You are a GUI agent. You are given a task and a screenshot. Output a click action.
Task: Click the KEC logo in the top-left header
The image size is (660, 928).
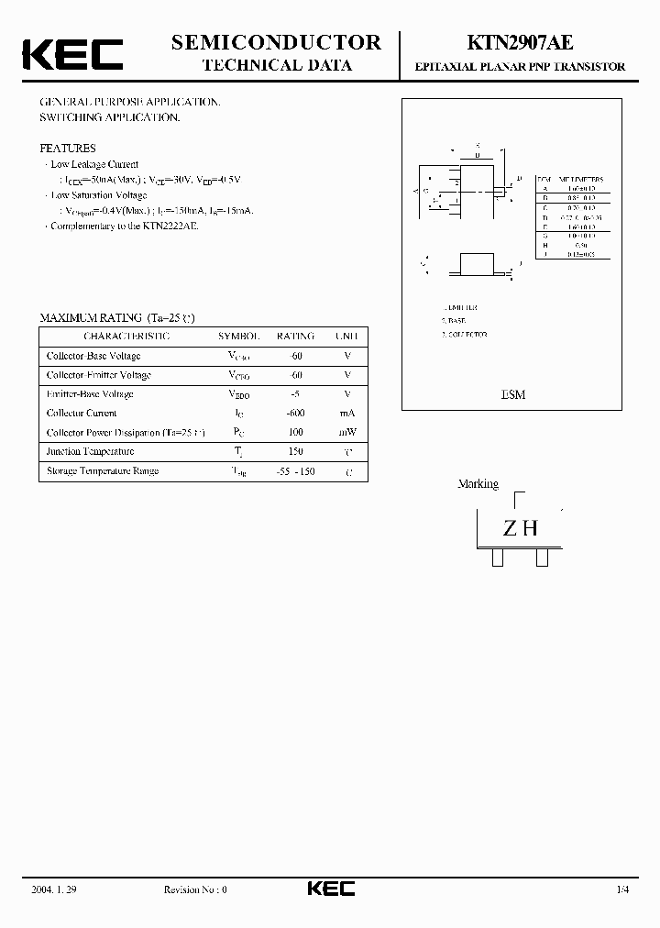[x=72, y=54]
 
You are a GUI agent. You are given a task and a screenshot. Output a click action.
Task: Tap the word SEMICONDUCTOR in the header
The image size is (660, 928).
[x=277, y=42]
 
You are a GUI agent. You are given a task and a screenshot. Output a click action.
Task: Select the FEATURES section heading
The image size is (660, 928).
[x=67, y=148]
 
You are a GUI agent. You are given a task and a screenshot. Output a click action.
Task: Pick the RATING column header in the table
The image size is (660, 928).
[x=295, y=337]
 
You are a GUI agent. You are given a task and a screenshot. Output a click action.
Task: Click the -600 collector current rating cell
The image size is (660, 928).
[x=295, y=414]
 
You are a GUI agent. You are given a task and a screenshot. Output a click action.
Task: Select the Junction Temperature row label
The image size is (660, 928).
[x=90, y=451]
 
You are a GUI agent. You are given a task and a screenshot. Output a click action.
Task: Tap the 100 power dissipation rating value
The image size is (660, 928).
[x=295, y=432]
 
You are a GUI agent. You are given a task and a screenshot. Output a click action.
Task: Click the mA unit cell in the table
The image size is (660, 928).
[x=347, y=414]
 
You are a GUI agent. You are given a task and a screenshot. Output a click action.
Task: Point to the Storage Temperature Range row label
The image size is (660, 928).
[x=103, y=470]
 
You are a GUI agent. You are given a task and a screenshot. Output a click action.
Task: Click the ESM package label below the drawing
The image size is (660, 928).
[x=513, y=394]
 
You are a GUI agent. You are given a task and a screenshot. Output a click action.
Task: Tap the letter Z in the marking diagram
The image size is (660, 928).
[x=509, y=529]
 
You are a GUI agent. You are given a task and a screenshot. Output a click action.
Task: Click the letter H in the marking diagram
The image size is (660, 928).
[x=529, y=529]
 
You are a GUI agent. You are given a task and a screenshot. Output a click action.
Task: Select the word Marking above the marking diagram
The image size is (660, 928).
[x=478, y=483]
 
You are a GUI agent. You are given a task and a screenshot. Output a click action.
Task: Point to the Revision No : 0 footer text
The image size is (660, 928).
[x=194, y=889]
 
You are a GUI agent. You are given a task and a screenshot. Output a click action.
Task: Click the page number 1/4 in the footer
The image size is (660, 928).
[x=622, y=889]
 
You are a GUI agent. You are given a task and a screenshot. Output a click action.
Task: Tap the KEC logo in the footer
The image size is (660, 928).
[x=330, y=889]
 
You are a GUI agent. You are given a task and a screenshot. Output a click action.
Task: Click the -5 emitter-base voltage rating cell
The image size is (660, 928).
[x=295, y=394]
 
